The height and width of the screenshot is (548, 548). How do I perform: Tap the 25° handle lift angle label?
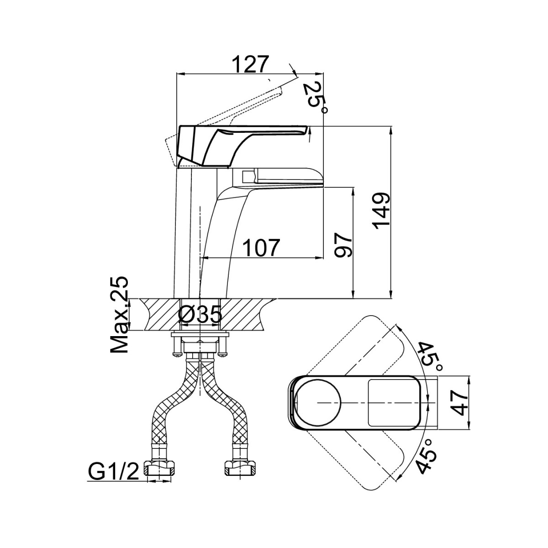click(x=315, y=98)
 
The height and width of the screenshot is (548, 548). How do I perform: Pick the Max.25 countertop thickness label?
click(x=119, y=315)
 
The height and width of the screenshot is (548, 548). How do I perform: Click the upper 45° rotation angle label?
click(x=430, y=358)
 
